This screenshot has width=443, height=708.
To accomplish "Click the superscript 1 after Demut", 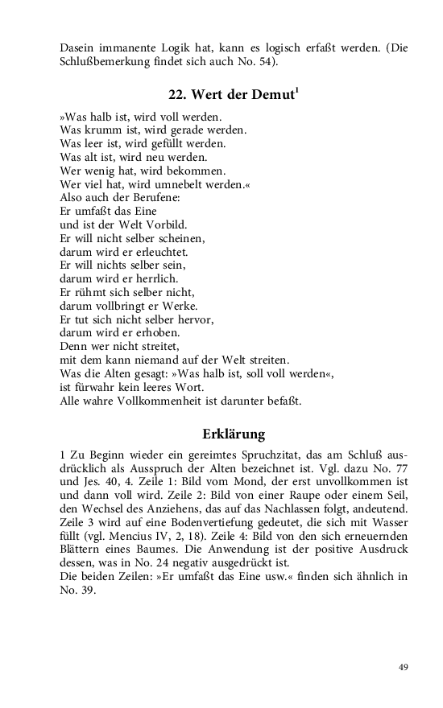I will click(x=298, y=90).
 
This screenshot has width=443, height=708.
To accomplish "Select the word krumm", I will click(x=102, y=129).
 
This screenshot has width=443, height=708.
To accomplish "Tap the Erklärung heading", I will click(x=234, y=435).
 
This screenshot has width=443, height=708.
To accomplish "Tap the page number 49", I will click(x=404, y=667).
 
